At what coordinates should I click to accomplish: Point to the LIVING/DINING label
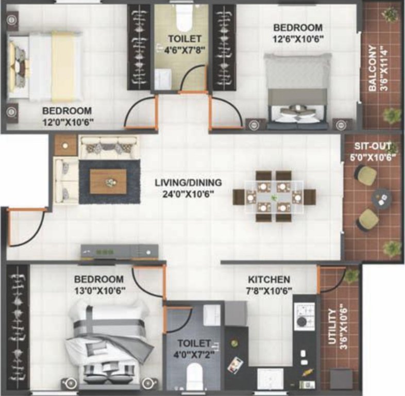click(188, 183)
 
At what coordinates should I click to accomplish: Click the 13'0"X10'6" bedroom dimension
click(98, 290)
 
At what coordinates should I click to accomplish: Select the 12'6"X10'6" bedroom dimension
click(298, 38)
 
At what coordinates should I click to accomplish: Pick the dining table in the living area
click(274, 196)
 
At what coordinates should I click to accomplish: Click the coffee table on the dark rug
click(108, 181)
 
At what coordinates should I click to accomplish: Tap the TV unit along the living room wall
click(119, 251)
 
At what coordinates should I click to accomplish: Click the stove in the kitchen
click(300, 315)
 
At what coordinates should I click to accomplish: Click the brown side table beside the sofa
click(65, 145)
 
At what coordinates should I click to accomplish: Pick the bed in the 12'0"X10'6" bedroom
click(46, 66)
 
